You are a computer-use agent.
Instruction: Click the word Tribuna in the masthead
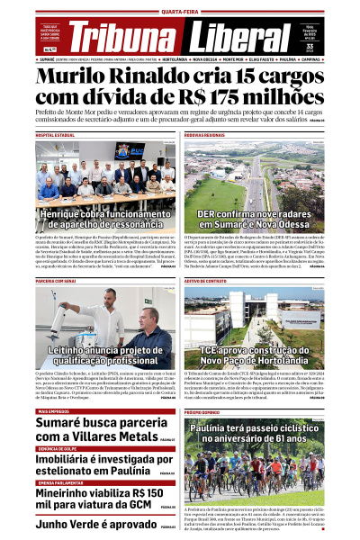click(x=122, y=36)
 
